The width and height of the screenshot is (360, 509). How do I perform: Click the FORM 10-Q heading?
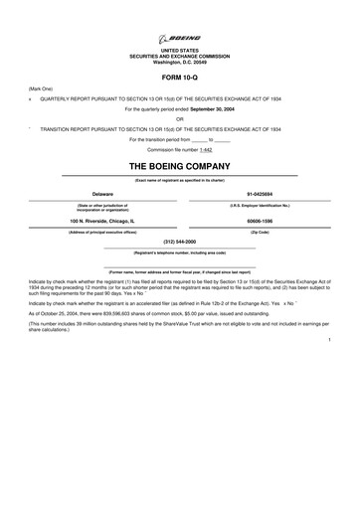tap(180, 76)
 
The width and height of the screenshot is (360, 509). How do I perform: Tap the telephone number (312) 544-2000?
tap(180, 242)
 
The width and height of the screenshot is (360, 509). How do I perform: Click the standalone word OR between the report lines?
tap(180, 118)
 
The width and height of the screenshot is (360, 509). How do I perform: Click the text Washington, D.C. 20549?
tap(180, 62)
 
